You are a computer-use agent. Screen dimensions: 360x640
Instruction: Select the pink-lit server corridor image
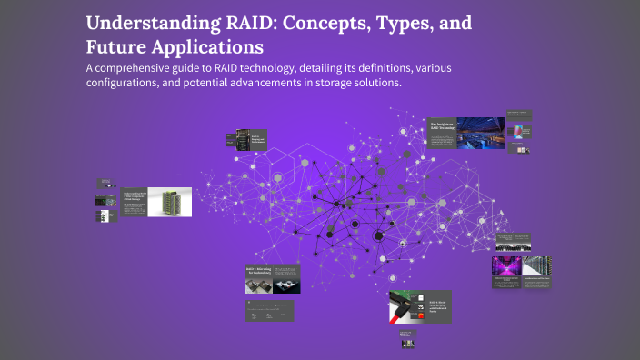point(505,268)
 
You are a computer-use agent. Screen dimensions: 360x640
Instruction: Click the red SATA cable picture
point(396,310)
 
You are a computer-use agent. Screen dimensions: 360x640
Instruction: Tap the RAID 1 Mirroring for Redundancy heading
point(261,270)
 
